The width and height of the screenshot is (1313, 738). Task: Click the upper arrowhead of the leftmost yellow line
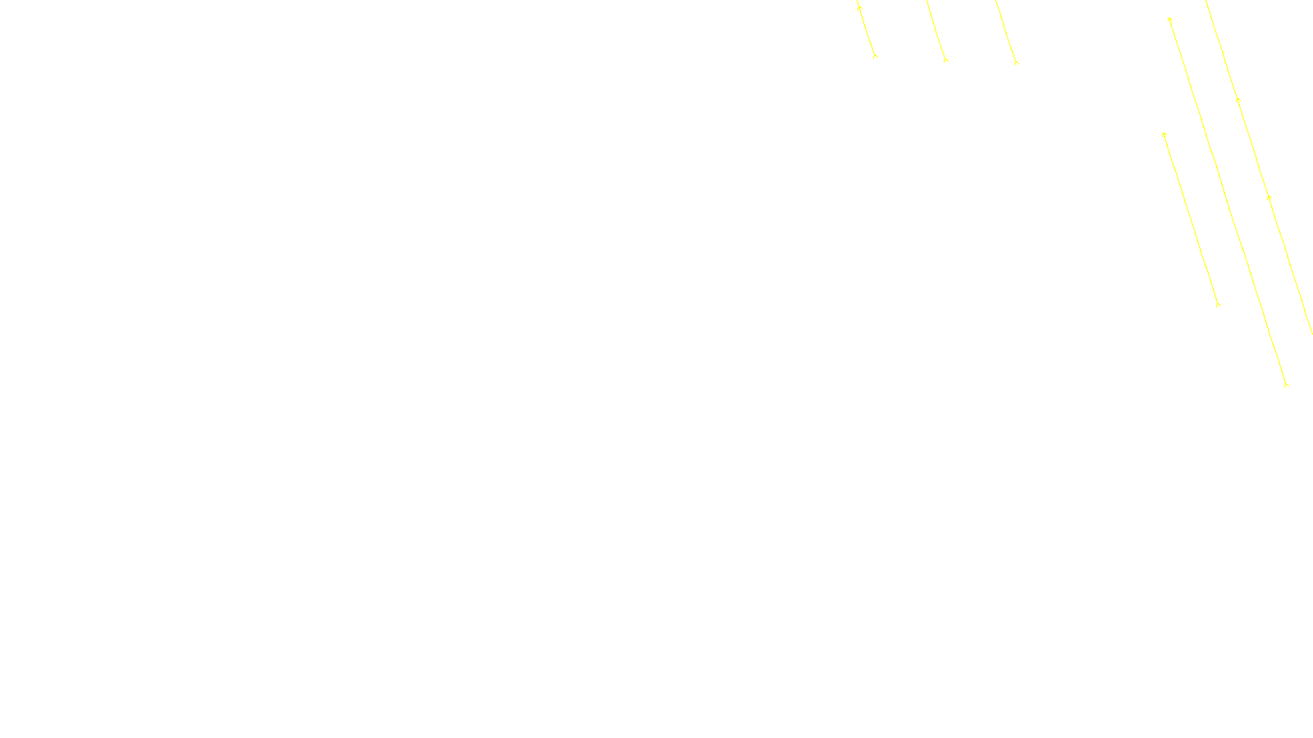pos(859,7)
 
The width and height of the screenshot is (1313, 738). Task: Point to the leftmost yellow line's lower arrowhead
pos(875,56)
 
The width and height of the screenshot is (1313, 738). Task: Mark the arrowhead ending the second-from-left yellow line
pos(945,60)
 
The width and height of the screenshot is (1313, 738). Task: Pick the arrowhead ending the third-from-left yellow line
pos(1016,61)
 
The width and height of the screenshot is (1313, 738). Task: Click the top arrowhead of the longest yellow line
pos(1169,19)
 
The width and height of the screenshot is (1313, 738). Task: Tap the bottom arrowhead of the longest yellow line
pos(1286,384)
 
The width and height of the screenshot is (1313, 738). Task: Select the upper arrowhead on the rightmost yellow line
pos(1238,100)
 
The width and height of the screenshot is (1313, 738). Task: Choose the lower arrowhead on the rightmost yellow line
pos(1269,197)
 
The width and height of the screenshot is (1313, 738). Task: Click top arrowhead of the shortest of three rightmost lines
pos(1164,134)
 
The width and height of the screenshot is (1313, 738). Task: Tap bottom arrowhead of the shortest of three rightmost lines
pos(1218,304)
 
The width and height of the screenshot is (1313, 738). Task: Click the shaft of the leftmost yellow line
pos(867,31)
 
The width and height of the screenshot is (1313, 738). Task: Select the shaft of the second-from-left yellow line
pos(936,30)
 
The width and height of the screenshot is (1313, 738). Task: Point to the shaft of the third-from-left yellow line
pos(1006,31)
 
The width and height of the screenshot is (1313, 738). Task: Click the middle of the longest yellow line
pos(1228,201)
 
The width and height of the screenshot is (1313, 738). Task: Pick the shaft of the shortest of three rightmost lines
pos(1191,219)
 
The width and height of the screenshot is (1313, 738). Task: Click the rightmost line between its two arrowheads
pos(1253,148)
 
